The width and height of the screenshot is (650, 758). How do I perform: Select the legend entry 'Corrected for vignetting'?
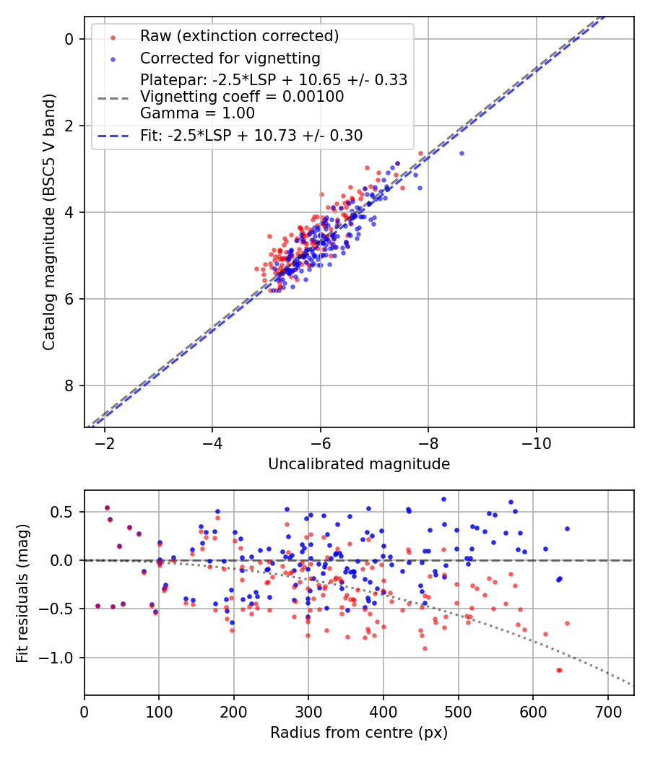pyautogui.click(x=230, y=58)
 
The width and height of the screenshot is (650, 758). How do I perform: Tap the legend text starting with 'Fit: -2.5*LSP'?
pyautogui.click(x=251, y=135)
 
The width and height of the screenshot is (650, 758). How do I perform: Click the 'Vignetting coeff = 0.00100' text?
pyautogui.click(x=242, y=96)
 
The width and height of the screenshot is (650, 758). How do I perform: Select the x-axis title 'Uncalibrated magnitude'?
pyautogui.click(x=359, y=464)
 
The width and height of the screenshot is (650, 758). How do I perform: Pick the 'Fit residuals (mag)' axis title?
pyautogui.click(x=22, y=593)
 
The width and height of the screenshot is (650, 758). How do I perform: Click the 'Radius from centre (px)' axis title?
pyautogui.click(x=359, y=733)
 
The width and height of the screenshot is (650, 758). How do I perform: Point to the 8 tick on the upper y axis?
pyautogui.click(x=70, y=385)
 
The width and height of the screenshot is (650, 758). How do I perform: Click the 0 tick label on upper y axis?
pyautogui.click(x=70, y=39)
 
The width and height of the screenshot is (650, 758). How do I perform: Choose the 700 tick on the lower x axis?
pyautogui.click(x=607, y=710)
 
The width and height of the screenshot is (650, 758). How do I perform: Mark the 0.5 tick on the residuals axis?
pyautogui.click(x=65, y=512)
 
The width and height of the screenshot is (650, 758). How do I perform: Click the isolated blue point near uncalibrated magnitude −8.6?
pyautogui.click(x=461, y=153)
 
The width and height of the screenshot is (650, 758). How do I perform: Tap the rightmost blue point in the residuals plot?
pyautogui.click(x=567, y=528)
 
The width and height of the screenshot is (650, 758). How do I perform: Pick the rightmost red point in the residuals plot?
pyautogui.click(x=567, y=623)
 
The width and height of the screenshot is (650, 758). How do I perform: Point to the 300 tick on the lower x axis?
pyautogui.click(x=308, y=710)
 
